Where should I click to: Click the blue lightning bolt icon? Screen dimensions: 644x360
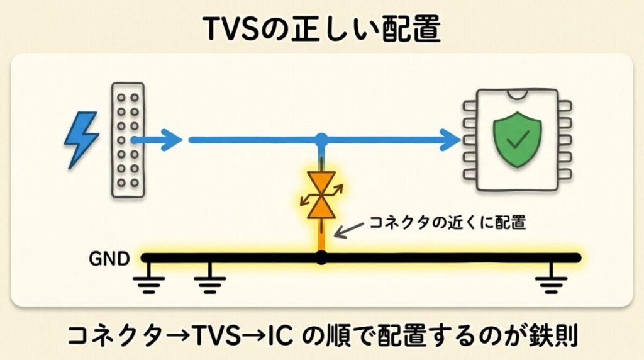click(x=81, y=140)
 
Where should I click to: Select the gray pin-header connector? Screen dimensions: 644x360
click(x=128, y=140)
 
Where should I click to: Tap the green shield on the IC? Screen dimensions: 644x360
click(x=517, y=139)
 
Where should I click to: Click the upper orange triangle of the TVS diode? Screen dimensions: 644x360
click(x=321, y=183)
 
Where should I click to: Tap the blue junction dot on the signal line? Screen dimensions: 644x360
click(x=321, y=140)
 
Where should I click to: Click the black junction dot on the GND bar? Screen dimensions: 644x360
click(x=321, y=258)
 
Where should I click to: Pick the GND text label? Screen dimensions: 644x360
click(x=109, y=259)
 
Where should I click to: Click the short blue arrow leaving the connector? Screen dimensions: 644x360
click(x=157, y=140)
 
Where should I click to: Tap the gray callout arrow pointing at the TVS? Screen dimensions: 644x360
click(x=349, y=230)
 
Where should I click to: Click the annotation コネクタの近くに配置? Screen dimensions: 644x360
click(x=448, y=222)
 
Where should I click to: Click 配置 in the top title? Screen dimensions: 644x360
click(x=411, y=29)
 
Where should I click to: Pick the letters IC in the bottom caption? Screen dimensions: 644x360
click(x=280, y=335)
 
